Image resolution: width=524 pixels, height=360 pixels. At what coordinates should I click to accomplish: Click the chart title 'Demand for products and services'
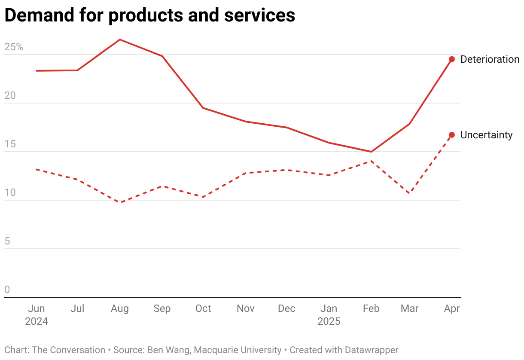pos(149,15)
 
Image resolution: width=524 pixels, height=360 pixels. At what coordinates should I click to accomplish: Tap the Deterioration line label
pos(490,59)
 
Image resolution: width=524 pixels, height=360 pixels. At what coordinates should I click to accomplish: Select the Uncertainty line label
pos(486,135)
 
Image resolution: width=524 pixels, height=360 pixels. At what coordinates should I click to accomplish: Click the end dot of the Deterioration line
pos(452,59)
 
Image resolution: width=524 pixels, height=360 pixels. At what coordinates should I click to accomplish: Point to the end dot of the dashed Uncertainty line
pos(452,135)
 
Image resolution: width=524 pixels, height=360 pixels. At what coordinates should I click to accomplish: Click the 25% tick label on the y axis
pos(14,47)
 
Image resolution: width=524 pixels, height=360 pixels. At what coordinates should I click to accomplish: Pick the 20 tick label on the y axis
pos(10,95)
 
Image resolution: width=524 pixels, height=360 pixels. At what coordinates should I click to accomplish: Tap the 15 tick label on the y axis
pos(10,144)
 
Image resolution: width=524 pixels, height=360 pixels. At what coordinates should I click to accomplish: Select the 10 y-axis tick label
pos(10,192)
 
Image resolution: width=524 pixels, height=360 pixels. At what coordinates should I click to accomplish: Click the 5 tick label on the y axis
pos(7,241)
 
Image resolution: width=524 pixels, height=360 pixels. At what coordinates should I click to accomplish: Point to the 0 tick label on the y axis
pos(7,290)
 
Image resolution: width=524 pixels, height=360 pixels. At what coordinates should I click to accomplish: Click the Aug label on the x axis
pos(120,308)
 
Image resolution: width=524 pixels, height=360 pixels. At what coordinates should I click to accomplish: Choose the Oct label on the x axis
pos(203,308)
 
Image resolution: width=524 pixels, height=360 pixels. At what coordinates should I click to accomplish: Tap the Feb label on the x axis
pos(371,308)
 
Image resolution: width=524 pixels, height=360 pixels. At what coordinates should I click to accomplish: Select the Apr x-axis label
pos(452,308)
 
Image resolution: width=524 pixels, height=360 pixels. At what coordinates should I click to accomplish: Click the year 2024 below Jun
pos(37,321)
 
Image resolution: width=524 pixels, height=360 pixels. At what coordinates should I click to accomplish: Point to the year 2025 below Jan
pos(329,321)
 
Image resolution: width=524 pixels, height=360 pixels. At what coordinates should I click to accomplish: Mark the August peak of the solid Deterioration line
pos(120,40)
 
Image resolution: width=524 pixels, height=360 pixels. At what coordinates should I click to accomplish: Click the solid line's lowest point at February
pos(371,152)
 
